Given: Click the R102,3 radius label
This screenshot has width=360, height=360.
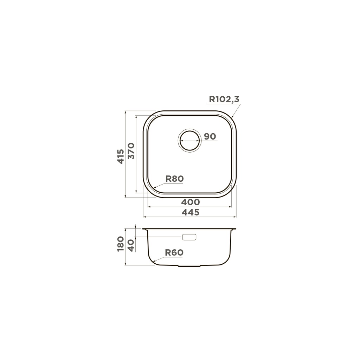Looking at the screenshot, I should (x=224, y=99).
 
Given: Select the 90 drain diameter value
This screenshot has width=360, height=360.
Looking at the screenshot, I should (x=210, y=136).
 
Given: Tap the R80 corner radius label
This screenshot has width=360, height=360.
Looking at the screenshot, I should (x=174, y=179).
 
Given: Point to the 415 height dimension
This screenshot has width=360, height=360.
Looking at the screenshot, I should (x=121, y=156).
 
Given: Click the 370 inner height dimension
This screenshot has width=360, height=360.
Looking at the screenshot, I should (x=131, y=151).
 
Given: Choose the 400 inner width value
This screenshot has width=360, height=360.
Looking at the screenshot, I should (x=190, y=202).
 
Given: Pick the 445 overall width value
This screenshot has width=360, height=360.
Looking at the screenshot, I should (x=190, y=212).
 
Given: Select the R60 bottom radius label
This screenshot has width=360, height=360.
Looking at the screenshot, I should (x=174, y=252).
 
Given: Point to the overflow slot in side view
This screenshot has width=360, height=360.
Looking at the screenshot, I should (x=189, y=237).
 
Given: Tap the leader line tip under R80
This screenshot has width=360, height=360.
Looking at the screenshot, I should (x=155, y=187).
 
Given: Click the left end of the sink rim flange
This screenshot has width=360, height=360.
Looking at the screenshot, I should (x=143, y=229).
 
